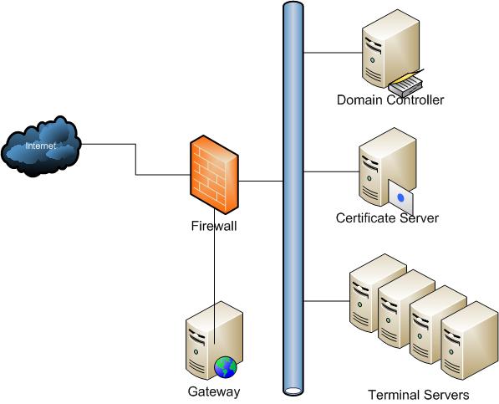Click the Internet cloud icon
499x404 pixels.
click(41, 146)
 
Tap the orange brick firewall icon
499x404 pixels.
click(214, 175)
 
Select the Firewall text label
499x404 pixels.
click(214, 226)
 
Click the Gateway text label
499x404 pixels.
click(214, 391)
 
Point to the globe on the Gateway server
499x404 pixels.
click(226, 366)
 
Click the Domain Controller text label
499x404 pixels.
click(390, 100)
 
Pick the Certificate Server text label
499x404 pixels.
click(387, 217)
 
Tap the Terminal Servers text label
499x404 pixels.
click(419, 395)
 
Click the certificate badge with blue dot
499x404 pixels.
click(400, 197)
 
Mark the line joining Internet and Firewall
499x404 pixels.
click(136, 159)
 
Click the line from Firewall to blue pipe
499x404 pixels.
click(261, 182)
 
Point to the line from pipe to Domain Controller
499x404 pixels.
click(333, 53)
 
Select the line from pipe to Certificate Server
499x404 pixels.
click(331, 172)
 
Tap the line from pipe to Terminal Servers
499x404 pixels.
click(327, 301)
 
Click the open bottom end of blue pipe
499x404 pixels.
click(293, 391)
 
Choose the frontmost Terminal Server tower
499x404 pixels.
click(470, 340)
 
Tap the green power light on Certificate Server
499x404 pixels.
click(369, 178)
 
